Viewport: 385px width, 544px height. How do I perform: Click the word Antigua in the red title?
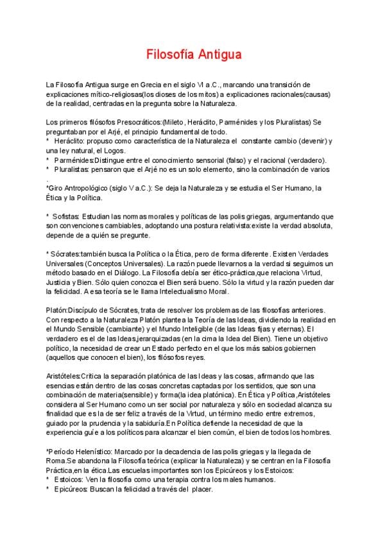(219, 55)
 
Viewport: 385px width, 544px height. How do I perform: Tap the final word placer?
(199, 489)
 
